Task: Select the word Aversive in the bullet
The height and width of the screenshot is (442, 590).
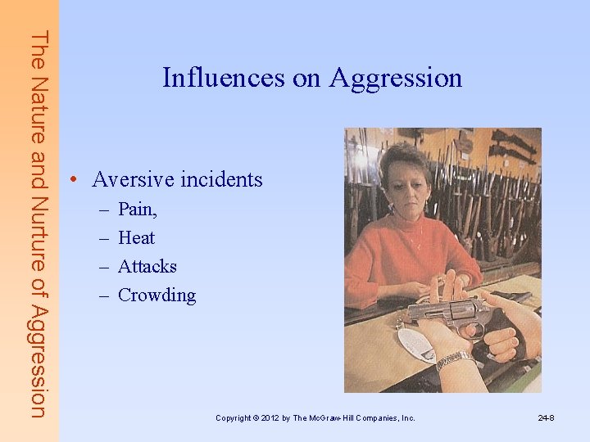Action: coord(130,179)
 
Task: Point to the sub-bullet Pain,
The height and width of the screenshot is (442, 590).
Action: coord(138,210)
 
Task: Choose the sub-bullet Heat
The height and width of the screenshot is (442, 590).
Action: coord(136,238)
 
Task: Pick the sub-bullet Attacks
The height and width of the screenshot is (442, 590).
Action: coord(147,267)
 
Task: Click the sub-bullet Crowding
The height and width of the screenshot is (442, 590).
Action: coord(157,295)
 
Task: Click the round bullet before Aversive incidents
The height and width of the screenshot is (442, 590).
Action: coord(74,180)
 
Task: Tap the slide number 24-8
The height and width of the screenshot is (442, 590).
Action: coord(546,418)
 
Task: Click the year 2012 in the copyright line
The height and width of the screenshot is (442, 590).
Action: coord(273,418)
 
